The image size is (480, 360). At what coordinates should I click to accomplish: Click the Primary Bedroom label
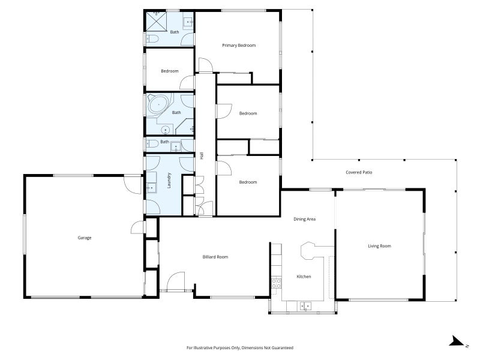[x=239, y=46]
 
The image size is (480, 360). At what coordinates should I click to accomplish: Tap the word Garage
[x=84, y=238]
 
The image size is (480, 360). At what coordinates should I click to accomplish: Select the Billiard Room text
[x=215, y=257]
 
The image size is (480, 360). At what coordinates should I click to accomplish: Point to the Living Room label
[x=379, y=246]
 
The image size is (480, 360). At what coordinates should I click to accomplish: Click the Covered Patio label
[x=359, y=172]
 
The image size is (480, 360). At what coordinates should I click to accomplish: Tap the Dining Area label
[x=304, y=219]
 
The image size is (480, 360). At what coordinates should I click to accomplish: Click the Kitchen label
[x=304, y=277]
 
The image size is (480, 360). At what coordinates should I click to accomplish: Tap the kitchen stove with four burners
[x=277, y=283]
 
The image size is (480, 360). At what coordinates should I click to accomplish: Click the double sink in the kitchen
[x=305, y=306]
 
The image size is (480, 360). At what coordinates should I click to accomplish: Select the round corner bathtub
[x=158, y=106]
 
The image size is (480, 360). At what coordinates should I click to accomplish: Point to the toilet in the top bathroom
[x=151, y=40]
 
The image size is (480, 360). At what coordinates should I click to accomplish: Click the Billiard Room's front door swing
[x=176, y=281]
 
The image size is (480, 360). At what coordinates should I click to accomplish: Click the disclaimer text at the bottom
[x=239, y=348]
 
